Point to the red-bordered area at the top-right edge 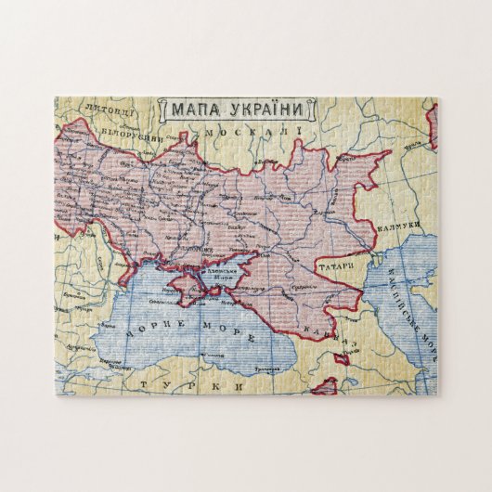click(x=432, y=127)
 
